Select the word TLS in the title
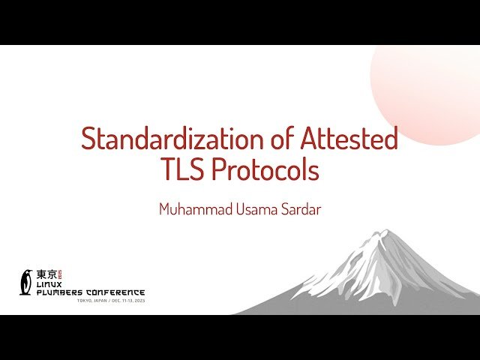click(x=183, y=171)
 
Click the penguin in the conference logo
click(x=27, y=281)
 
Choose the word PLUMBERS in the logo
click(x=60, y=292)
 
